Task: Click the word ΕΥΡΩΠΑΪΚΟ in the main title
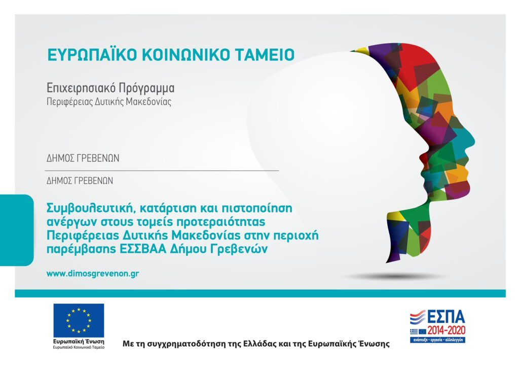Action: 92,55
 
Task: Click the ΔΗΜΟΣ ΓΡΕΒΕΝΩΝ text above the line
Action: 83,158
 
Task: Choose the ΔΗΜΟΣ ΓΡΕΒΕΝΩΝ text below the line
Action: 80,181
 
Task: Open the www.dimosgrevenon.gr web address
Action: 93,274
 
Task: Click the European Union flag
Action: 79,321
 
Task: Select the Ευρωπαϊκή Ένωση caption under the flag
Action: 79,342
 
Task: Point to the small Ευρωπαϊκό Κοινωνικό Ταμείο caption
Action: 79,347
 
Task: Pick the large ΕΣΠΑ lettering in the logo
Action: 446,317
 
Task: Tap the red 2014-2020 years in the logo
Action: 446,330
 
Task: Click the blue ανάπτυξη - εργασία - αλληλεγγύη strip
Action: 437,340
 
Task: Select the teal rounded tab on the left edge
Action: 17,230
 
